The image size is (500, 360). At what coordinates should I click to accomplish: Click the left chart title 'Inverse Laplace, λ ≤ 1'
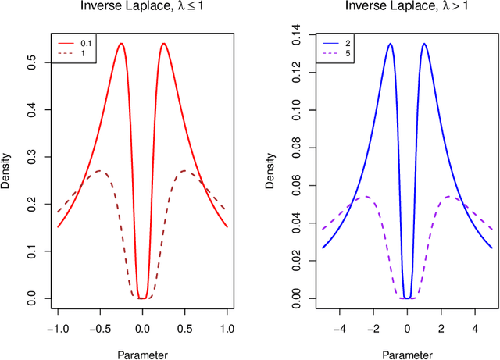(141, 9)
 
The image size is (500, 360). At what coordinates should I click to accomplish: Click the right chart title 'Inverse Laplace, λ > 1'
(407, 9)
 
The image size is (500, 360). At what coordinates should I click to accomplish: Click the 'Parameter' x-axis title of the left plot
(141, 354)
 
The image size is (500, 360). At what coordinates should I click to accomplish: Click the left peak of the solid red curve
(121, 44)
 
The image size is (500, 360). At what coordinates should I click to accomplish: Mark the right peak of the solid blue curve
(424, 44)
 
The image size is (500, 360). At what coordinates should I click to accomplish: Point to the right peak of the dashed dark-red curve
(184, 170)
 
